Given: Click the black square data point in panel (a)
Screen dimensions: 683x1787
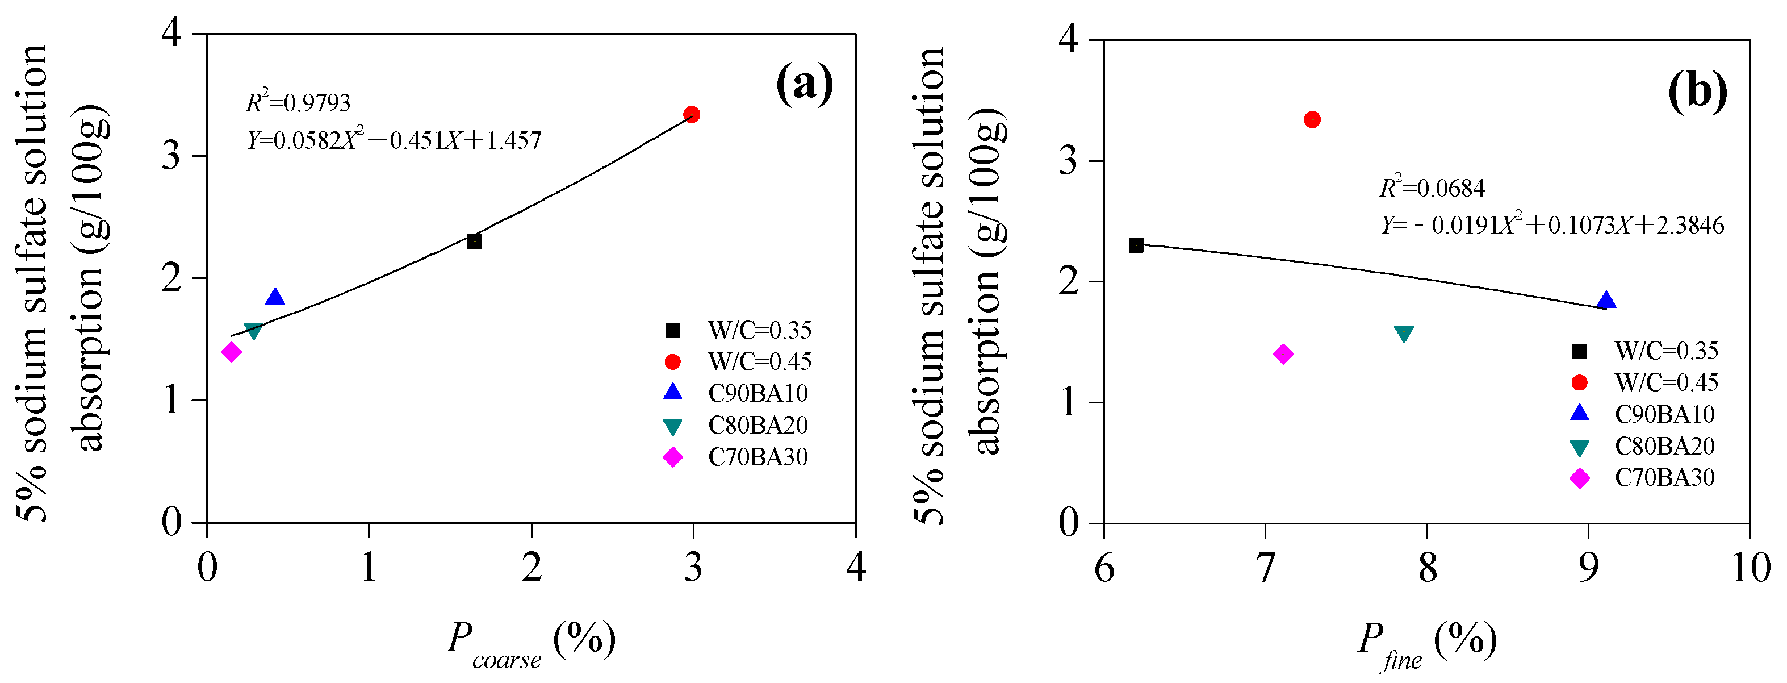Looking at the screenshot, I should (x=475, y=241).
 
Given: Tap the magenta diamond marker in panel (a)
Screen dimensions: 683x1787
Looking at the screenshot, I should (x=231, y=352).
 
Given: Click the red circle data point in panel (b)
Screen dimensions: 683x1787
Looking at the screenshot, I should (x=1312, y=119).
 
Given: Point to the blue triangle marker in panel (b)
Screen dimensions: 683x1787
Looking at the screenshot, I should (x=1606, y=301).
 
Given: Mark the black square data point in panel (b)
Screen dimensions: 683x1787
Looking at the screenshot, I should (x=1136, y=245).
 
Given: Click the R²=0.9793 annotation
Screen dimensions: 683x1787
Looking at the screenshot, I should (x=298, y=103).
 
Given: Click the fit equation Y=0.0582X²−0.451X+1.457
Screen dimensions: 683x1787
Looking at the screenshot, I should (x=394, y=141).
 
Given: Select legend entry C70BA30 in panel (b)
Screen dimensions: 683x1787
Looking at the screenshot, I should (x=1664, y=477).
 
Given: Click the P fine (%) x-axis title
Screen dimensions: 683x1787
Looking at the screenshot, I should (x=1426, y=642).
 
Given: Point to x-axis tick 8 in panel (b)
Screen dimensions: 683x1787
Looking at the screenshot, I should (x=1427, y=568).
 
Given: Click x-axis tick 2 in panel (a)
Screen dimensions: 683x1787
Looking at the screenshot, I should (x=532, y=568).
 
